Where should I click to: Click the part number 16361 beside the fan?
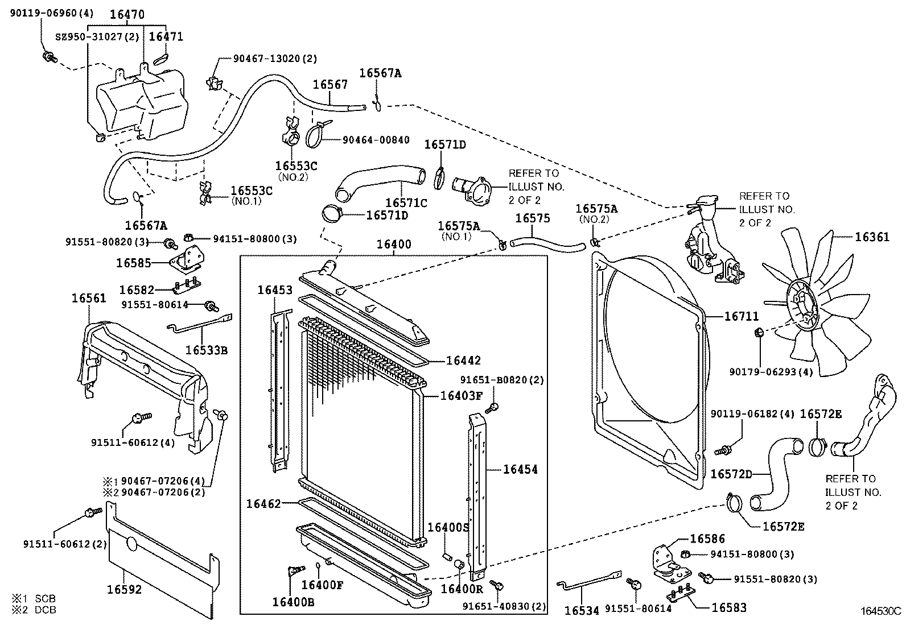click(871, 237)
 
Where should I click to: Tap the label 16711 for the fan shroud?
click(741, 316)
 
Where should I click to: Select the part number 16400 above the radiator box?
click(394, 245)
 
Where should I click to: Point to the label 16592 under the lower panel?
click(124, 589)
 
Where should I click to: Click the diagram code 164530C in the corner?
click(880, 611)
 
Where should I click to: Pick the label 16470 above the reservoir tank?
click(127, 15)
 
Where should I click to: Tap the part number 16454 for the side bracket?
click(520, 469)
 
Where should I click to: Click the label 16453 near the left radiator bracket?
click(275, 289)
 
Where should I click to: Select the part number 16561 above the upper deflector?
click(89, 298)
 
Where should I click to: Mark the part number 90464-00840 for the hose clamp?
click(376, 140)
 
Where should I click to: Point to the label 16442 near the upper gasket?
click(463, 360)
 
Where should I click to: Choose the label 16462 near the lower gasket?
click(263, 503)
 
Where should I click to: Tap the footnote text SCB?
click(46, 599)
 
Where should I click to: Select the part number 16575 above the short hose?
click(533, 218)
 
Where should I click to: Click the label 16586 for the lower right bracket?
click(707, 538)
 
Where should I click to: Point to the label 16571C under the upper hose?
click(406, 202)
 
